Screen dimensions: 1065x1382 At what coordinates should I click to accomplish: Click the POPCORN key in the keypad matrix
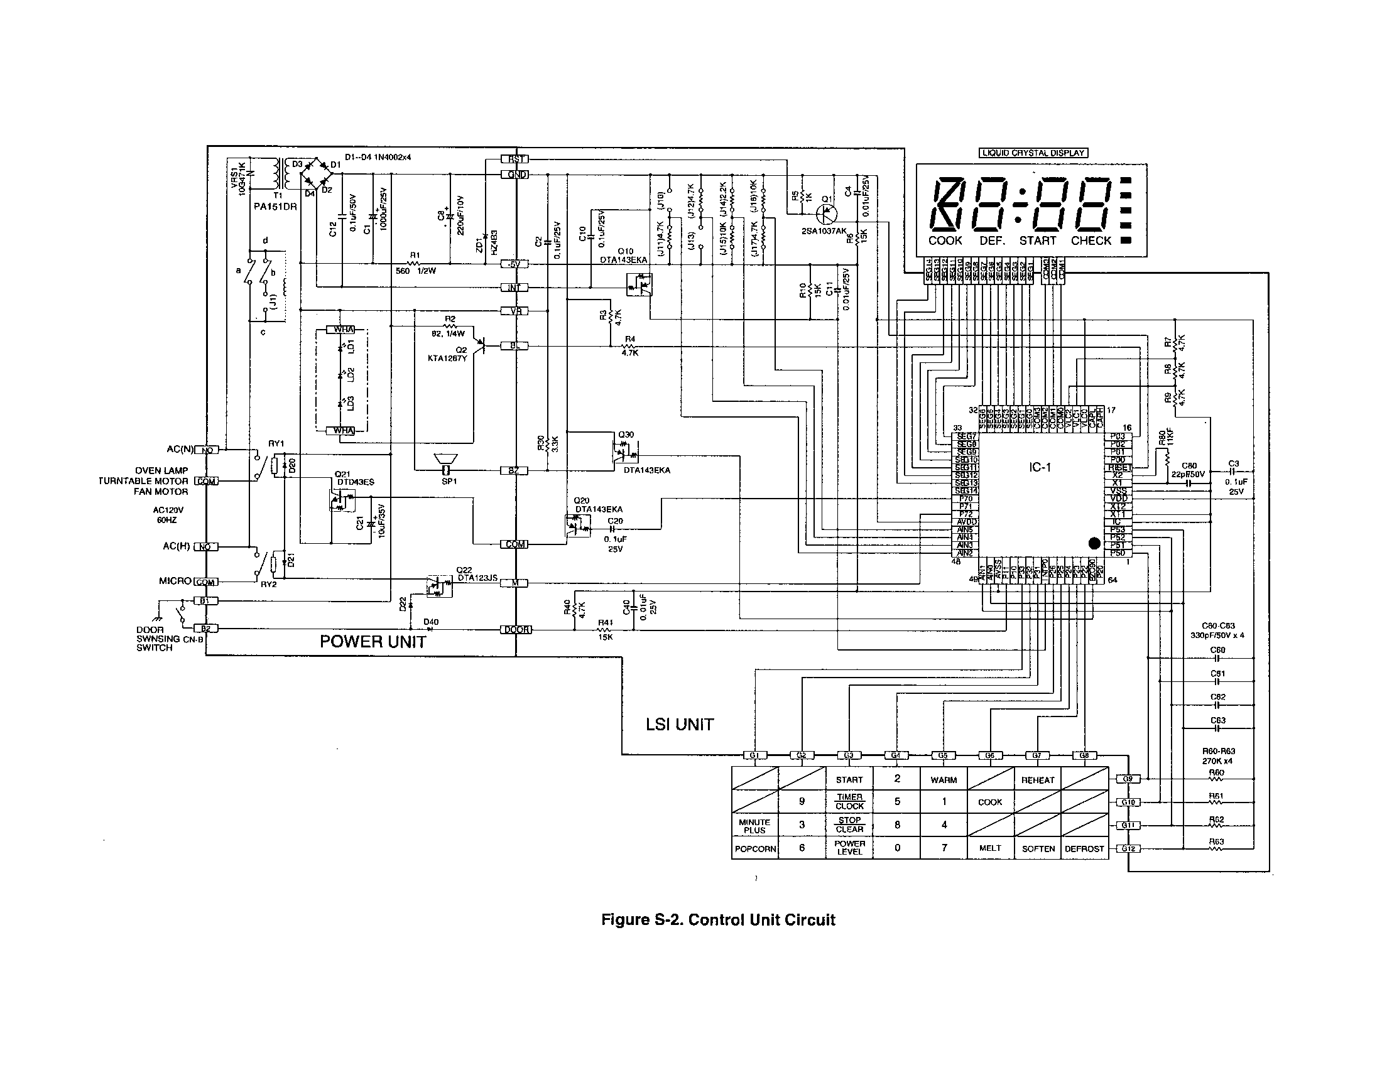pyautogui.click(x=754, y=849)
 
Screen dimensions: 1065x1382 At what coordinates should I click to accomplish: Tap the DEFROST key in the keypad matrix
pyautogui.click(x=1084, y=849)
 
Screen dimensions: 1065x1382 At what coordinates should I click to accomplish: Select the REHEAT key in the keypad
pyautogui.click(x=1037, y=780)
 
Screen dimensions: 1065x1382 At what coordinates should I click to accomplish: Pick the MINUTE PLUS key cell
pyautogui.click(x=754, y=826)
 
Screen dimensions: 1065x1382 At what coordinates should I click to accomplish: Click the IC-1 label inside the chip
pyautogui.click(x=1040, y=467)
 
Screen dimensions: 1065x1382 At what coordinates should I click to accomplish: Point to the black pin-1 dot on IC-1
pyautogui.click(x=1094, y=543)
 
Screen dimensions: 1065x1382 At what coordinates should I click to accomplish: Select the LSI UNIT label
pyautogui.click(x=680, y=725)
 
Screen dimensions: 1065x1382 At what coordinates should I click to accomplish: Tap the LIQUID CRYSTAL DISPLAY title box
pyautogui.click(x=1033, y=153)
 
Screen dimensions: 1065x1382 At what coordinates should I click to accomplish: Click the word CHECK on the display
pyautogui.click(x=1091, y=241)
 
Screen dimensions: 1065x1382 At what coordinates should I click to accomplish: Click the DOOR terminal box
pyautogui.click(x=516, y=629)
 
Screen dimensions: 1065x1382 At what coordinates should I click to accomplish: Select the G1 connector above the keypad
pyautogui.click(x=754, y=755)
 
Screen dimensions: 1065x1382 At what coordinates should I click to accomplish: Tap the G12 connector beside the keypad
pyautogui.click(x=1128, y=849)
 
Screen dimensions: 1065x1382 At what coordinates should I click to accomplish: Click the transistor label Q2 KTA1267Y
pyautogui.click(x=448, y=354)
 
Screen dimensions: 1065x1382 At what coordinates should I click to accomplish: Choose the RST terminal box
pyautogui.click(x=514, y=159)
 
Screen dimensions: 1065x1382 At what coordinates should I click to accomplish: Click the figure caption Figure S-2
pyautogui.click(x=717, y=919)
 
